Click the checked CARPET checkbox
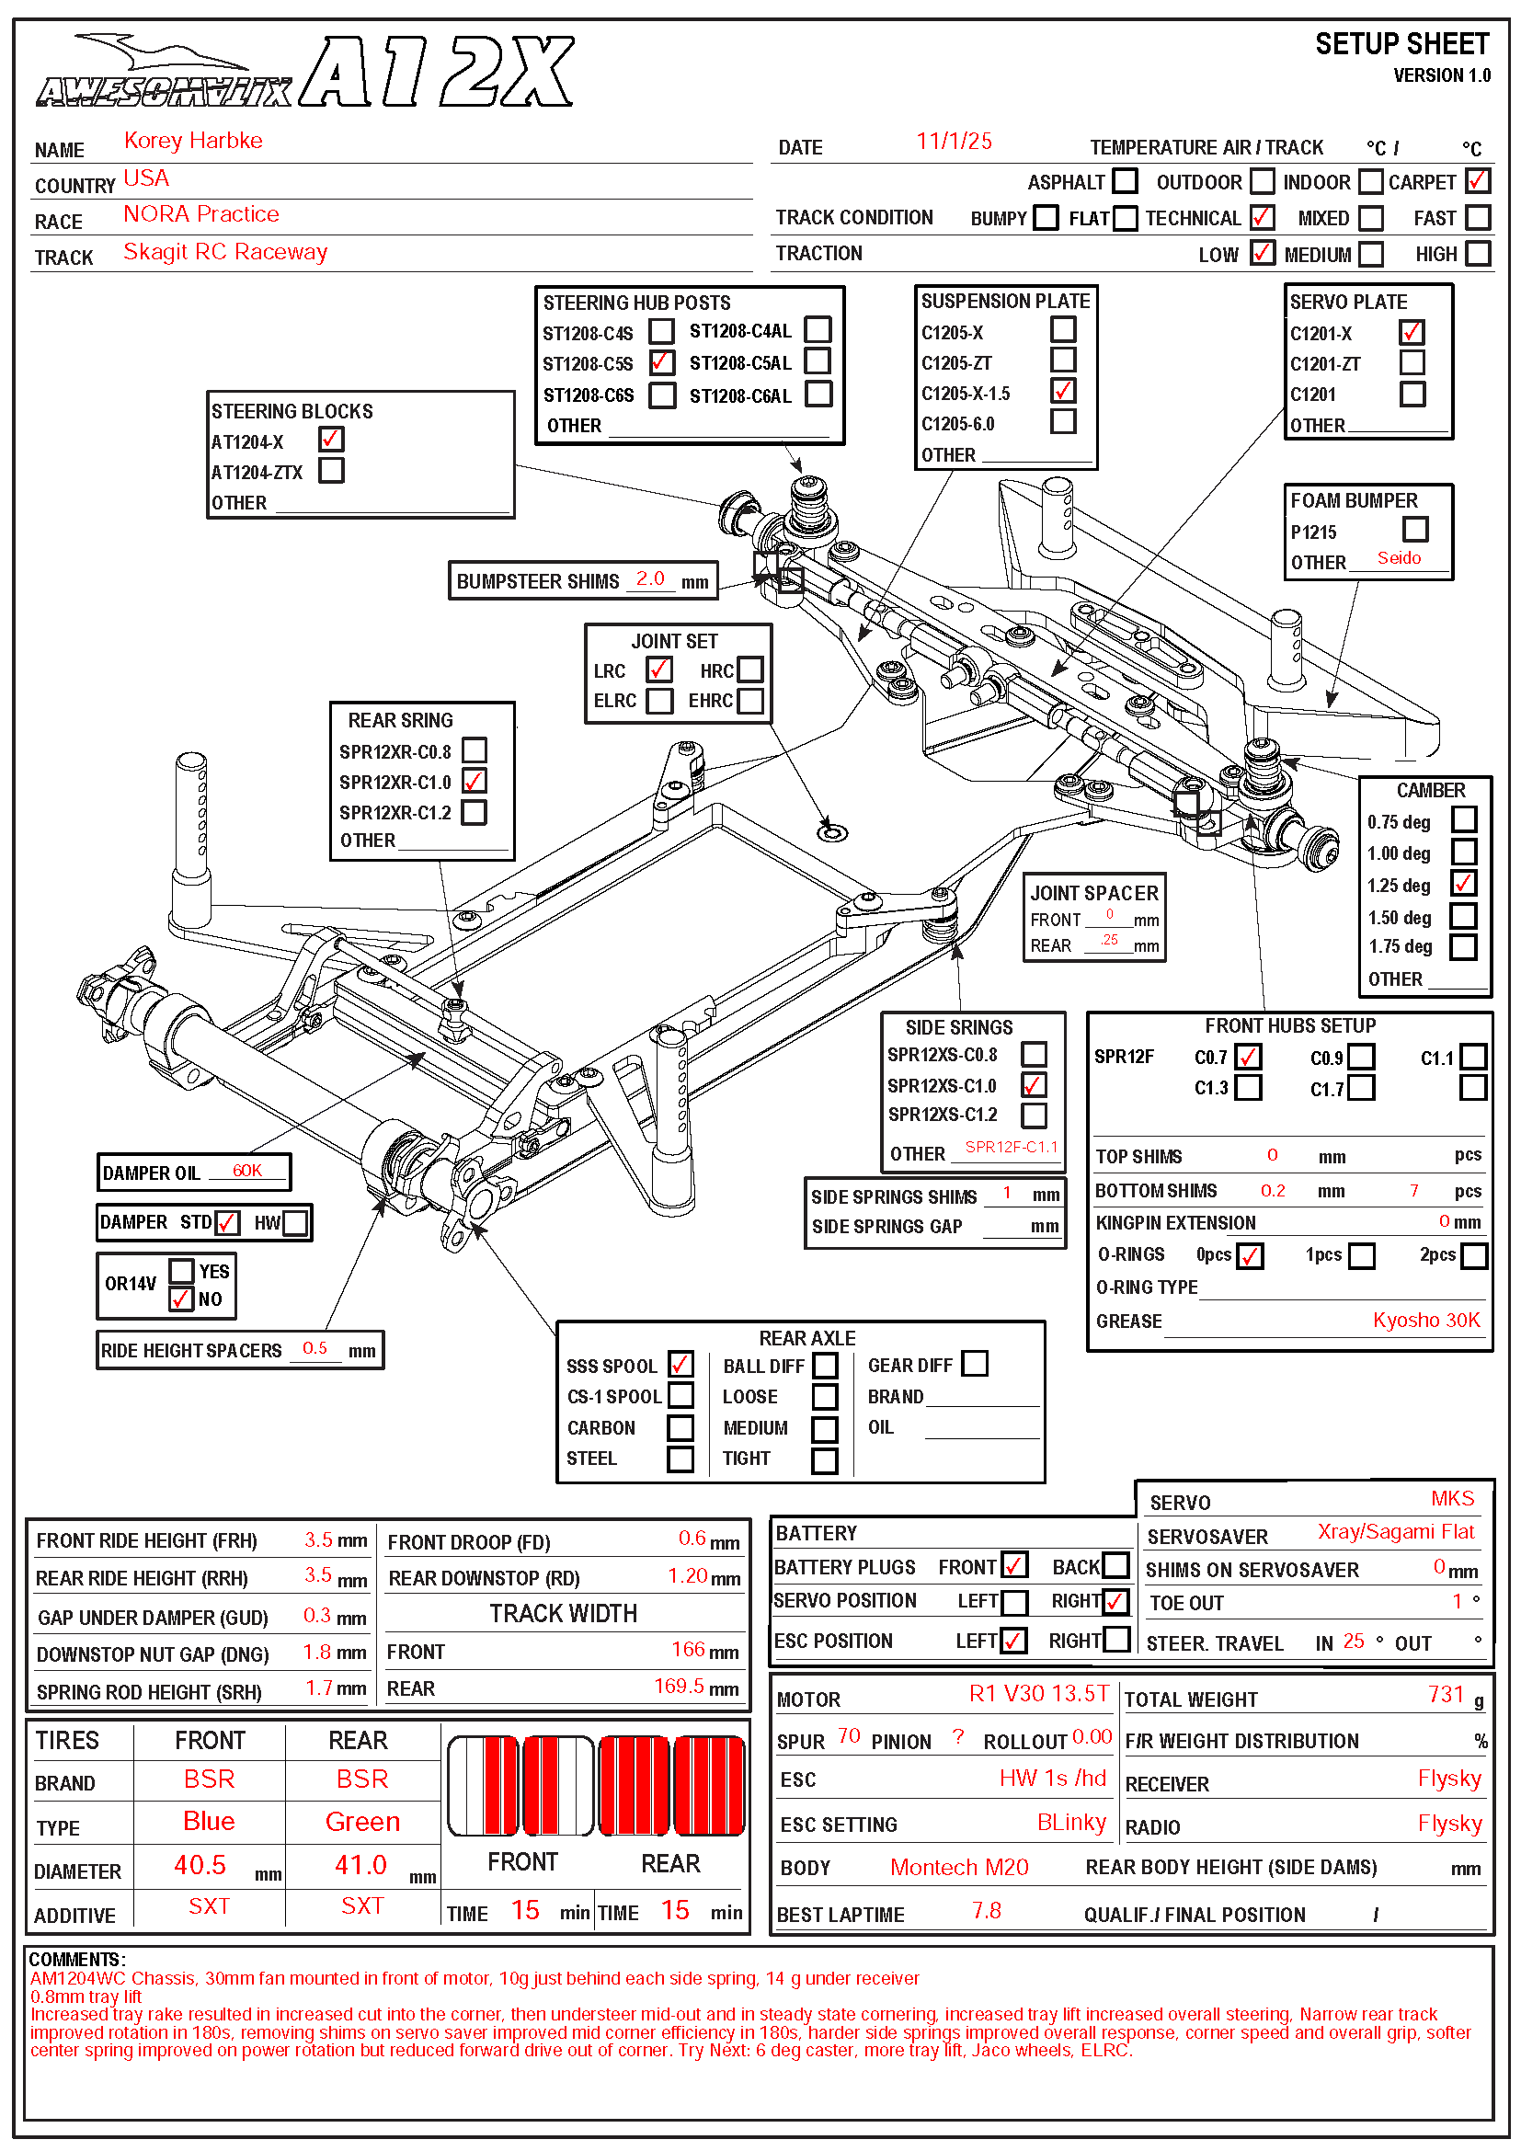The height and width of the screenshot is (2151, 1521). (x=1477, y=181)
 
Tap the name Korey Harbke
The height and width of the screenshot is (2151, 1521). (x=193, y=141)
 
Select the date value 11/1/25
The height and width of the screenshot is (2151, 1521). (x=954, y=142)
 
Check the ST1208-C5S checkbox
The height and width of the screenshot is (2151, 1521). (x=661, y=362)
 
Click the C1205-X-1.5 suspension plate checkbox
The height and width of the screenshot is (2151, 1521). (x=1063, y=391)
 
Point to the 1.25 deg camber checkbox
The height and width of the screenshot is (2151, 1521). (x=1463, y=884)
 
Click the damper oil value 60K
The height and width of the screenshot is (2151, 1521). (x=247, y=1170)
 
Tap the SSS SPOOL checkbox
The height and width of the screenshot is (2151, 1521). (x=680, y=1364)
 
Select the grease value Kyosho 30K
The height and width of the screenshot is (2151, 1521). (x=1425, y=1320)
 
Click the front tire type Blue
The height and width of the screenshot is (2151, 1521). (x=209, y=1821)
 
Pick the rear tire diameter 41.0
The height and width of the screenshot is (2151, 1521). (x=360, y=1865)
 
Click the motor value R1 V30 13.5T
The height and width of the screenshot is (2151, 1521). (x=1037, y=1694)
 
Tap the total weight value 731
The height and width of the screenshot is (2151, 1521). (x=1446, y=1694)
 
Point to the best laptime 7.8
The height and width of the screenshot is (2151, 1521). (x=986, y=1910)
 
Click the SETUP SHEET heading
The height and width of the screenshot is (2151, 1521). (x=1401, y=44)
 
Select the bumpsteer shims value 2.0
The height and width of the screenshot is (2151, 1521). (x=650, y=578)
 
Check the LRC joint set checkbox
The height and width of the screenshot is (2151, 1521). (x=659, y=669)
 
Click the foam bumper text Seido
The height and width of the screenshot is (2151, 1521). (x=1399, y=558)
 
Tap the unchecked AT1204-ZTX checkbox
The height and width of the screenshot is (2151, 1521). (x=332, y=470)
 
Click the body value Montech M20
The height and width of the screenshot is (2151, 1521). (x=959, y=1867)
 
